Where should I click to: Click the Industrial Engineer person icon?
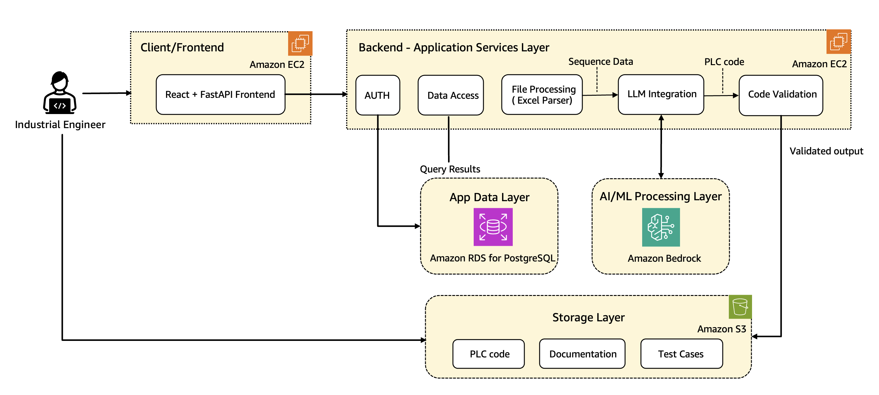[x=60, y=93]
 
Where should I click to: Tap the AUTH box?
[x=378, y=95]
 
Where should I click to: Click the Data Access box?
[x=450, y=95]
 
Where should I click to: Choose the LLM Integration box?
[x=661, y=94]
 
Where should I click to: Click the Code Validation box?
[x=781, y=95]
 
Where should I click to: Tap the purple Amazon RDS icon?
[x=493, y=227]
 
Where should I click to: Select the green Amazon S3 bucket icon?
[x=740, y=307]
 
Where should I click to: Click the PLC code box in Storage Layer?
[x=488, y=354]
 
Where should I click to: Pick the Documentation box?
[x=582, y=354]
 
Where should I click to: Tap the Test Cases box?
[x=681, y=354]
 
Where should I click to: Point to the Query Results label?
[x=450, y=169]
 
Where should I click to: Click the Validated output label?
[x=826, y=151]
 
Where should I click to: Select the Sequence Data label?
[x=600, y=61]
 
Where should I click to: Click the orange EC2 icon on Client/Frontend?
[x=300, y=43]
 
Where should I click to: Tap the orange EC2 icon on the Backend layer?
[x=838, y=42]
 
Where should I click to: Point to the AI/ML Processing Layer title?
[x=660, y=197]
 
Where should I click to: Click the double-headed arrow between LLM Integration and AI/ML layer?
[x=661, y=147]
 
